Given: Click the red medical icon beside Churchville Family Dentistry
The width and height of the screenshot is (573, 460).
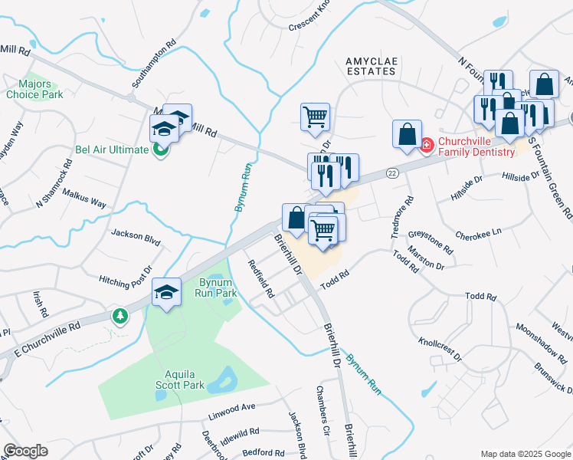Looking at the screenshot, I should click(x=427, y=143).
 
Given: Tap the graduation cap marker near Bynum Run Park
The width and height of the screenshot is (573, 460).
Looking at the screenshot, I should click(x=166, y=293).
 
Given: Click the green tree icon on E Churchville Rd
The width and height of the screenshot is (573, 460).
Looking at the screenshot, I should click(x=120, y=315).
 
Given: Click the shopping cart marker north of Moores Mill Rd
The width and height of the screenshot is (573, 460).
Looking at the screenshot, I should click(x=315, y=117).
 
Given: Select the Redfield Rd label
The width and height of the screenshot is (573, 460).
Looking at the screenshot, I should click(x=261, y=278).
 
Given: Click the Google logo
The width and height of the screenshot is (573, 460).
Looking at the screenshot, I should click(x=25, y=451).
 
